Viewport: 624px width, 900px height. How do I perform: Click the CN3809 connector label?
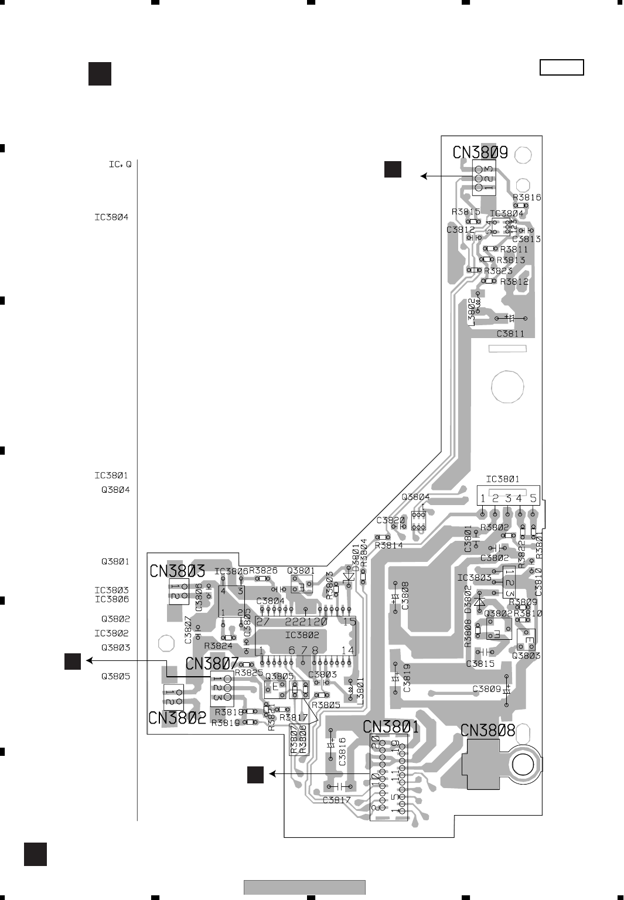pos(480,153)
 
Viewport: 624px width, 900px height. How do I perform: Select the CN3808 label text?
pos(487,731)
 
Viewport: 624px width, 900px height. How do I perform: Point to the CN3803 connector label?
pos(177,571)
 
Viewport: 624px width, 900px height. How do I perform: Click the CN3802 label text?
pos(177,718)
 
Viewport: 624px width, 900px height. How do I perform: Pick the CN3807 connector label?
pos(212,663)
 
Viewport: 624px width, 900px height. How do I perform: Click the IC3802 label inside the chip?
pos(302,635)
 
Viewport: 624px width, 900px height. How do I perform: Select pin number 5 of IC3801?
pos(533,499)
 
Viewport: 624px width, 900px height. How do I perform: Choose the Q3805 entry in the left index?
pos(115,676)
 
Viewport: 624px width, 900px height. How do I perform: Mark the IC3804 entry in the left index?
pos(111,217)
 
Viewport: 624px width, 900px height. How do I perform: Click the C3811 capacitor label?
pos(510,334)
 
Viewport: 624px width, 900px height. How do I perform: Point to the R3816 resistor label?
pos(527,197)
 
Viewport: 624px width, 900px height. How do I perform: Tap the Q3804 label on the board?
pos(415,497)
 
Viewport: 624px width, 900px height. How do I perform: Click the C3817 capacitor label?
pos(336,800)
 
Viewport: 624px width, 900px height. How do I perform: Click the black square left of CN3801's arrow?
pos(255,774)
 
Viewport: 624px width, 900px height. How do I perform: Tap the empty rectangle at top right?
pos(562,68)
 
